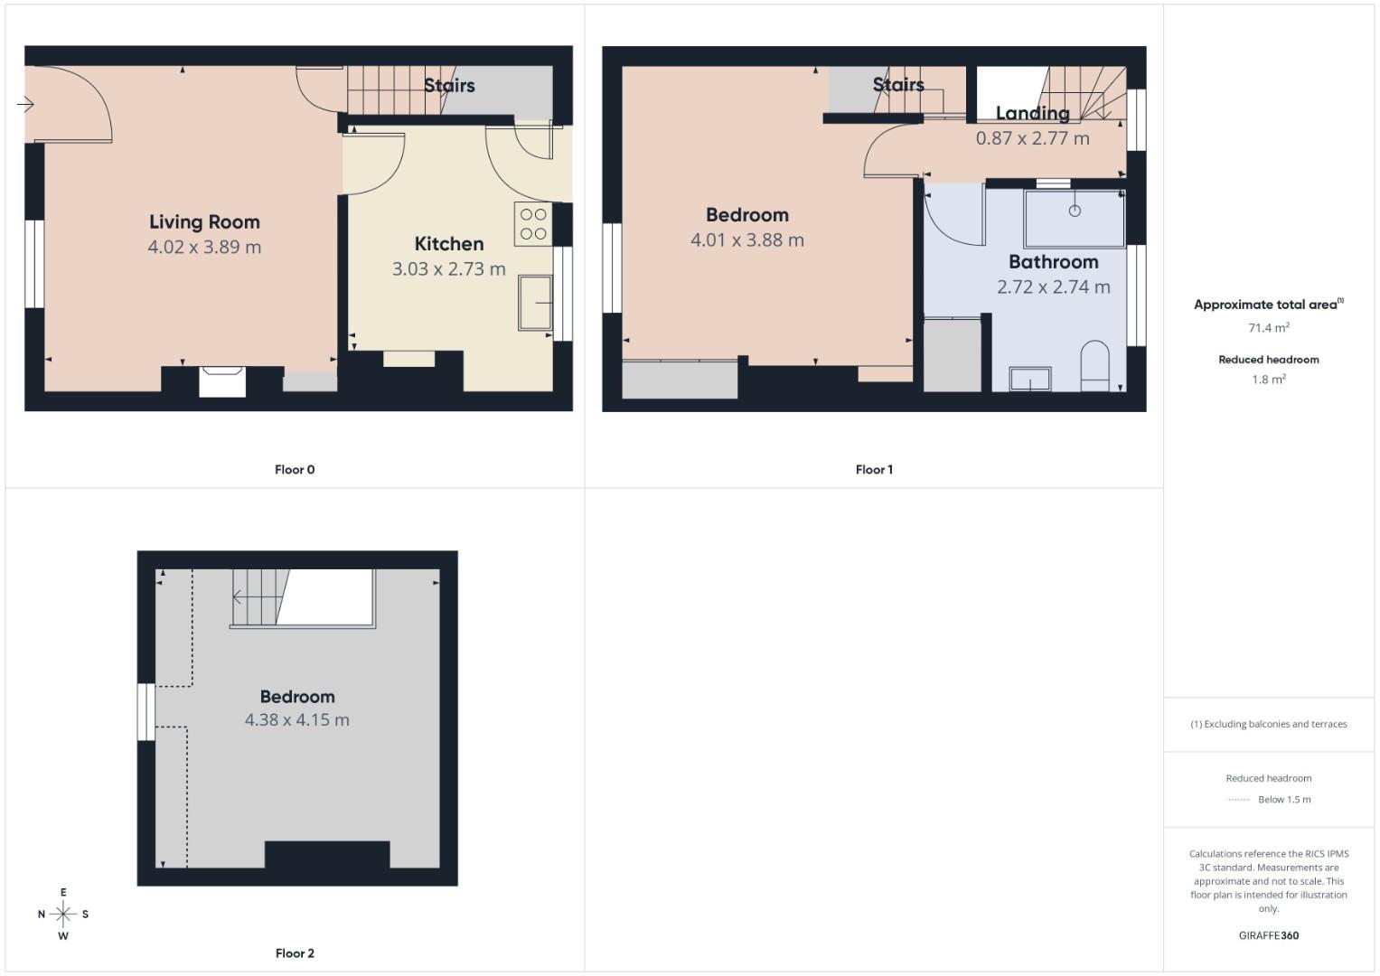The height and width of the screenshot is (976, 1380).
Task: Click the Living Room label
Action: pos(204,222)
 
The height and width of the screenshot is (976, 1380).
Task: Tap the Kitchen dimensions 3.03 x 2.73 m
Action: pos(448,269)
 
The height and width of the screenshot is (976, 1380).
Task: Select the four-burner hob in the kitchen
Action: pos(533,224)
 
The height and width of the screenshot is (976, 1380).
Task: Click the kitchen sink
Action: pos(535,303)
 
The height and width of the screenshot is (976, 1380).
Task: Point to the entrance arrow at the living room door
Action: pos(25,105)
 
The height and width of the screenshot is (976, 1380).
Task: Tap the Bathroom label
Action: pos(1053,262)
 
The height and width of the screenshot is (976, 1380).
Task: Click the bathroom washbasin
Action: pos(1030,380)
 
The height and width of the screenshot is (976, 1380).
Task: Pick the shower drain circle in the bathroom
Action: pos(1075,211)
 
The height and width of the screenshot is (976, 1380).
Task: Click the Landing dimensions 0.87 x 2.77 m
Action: pos(1032,139)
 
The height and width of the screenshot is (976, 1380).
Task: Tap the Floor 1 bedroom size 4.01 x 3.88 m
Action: pos(746,240)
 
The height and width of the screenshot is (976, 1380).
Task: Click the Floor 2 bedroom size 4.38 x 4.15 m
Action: pos(296,720)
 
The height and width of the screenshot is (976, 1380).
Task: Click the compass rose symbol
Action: pos(63,914)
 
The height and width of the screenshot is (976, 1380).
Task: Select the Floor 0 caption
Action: pos(295,470)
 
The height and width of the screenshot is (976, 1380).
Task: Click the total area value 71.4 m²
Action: pos(1268,328)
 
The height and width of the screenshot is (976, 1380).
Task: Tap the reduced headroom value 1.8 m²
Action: pos(1268,380)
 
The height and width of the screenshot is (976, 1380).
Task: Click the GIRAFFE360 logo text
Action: pos(1268,935)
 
